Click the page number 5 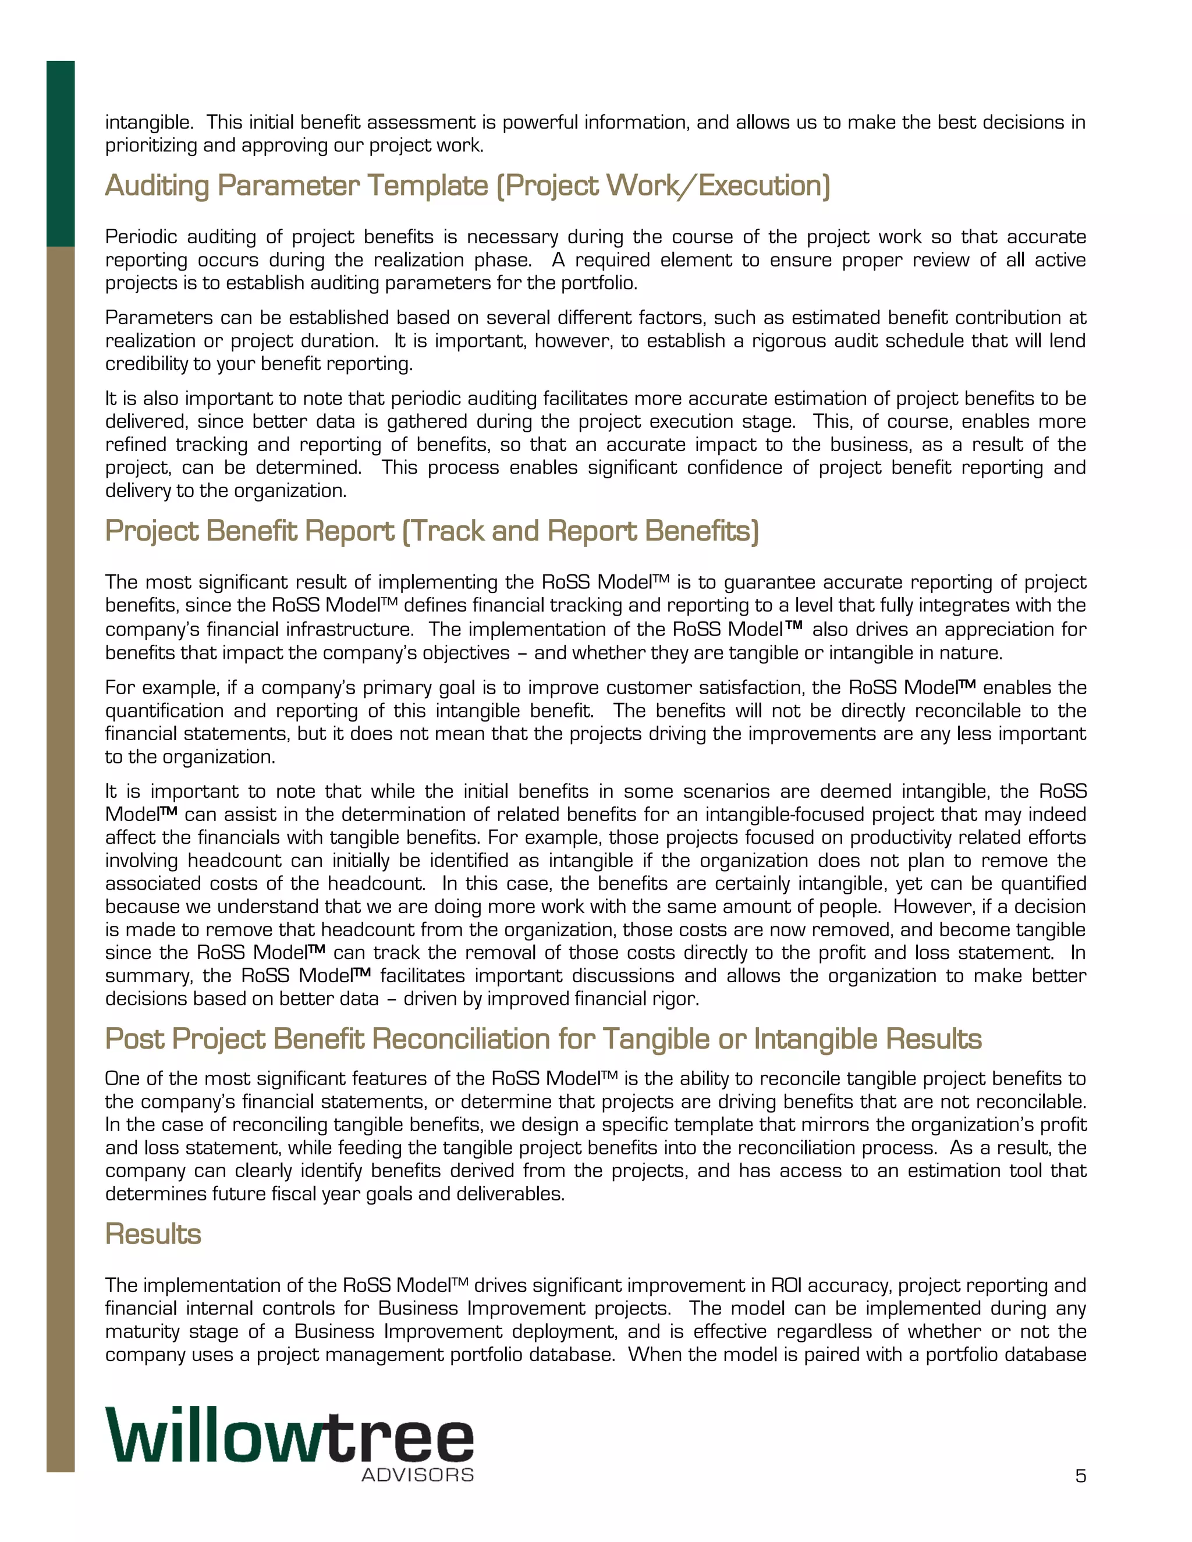pyautogui.click(x=1080, y=1476)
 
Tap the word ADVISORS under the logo pyautogui.click(x=417, y=1475)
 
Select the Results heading pyautogui.click(x=153, y=1234)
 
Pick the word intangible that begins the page pyautogui.click(x=148, y=123)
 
